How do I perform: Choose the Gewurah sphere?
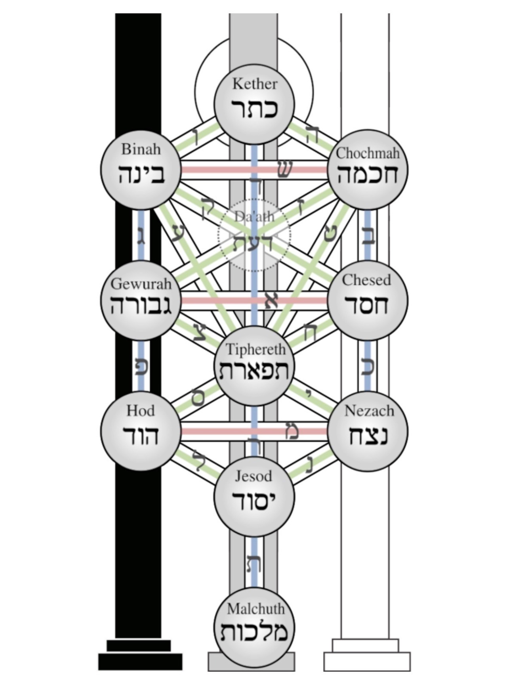click(x=141, y=300)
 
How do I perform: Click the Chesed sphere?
click(x=368, y=300)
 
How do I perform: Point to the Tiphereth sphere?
click(x=254, y=366)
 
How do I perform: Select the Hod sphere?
click(x=141, y=431)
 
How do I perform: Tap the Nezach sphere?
click(x=368, y=431)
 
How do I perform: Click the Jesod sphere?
click(x=254, y=496)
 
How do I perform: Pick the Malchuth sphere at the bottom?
click(x=254, y=627)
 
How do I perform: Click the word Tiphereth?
click(x=255, y=349)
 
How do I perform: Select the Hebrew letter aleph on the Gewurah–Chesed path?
click(x=271, y=300)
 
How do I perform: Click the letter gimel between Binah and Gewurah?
click(x=141, y=236)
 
